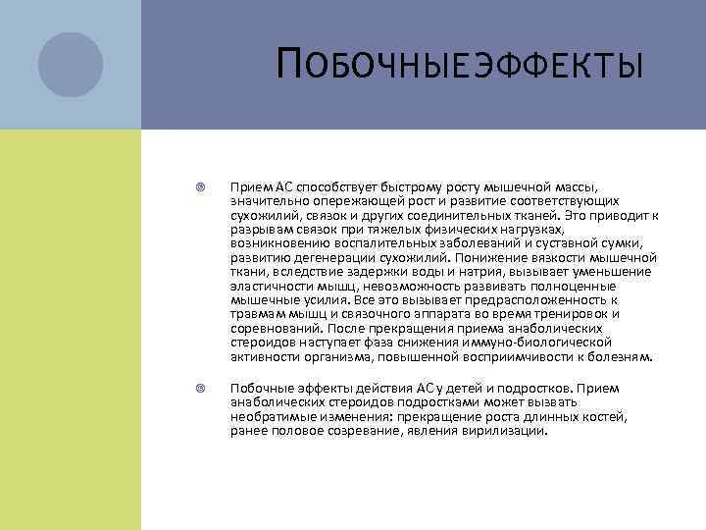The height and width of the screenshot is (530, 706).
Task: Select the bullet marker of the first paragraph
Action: coord(199,185)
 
